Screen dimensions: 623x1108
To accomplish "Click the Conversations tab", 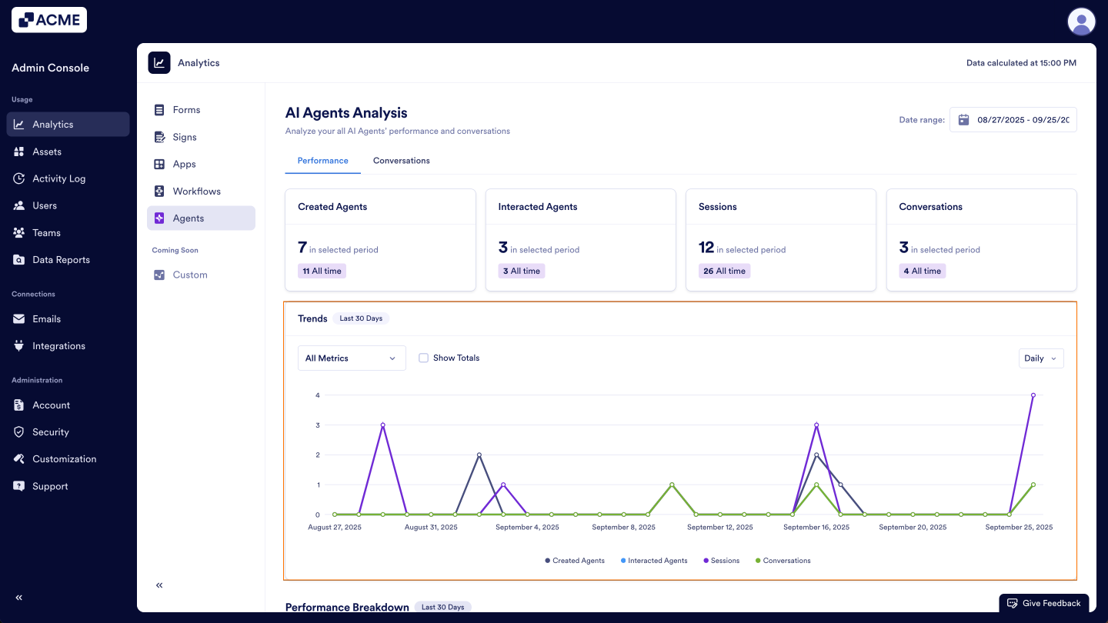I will pos(401,161).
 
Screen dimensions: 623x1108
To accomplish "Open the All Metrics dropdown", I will pos(352,358).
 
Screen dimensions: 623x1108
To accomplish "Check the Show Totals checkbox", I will pos(423,358).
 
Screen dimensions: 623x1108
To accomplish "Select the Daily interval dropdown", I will pos(1040,358).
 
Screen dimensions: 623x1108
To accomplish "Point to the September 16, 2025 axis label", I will pos(816,528).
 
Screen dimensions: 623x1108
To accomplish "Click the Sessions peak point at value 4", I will pos(1033,395).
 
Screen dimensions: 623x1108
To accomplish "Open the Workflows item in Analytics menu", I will pos(196,192).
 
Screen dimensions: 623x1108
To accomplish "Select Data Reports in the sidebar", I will pos(61,260).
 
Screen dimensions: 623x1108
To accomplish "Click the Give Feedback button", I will pos(1044,603).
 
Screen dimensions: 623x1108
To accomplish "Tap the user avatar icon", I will pos(1081,22).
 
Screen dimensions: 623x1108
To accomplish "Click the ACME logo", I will pos(49,20).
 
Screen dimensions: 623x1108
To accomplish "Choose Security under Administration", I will pos(51,432).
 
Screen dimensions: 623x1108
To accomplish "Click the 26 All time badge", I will pos(724,271).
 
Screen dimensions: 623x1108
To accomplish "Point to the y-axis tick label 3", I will pos(317,425).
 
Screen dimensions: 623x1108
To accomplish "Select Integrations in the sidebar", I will pos(58,346).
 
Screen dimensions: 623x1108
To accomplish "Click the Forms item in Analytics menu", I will pos(186,110).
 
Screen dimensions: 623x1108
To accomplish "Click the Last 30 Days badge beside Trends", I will pos(361,318).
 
